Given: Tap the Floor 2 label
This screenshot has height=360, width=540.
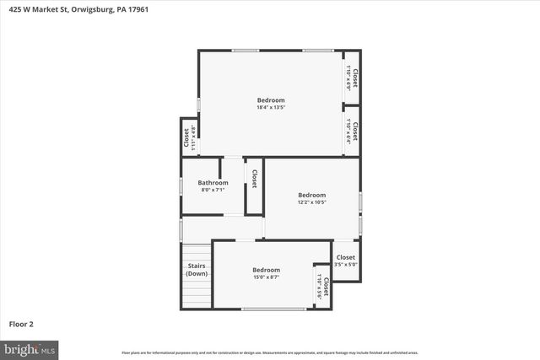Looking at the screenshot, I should tap(21, 323).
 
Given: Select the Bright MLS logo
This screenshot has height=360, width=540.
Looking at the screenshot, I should tap(30, 347).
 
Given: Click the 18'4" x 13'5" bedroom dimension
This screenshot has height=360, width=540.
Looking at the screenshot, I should tap(271, 107).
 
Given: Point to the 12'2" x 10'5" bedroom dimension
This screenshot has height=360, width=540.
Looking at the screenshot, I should tap(311, 202).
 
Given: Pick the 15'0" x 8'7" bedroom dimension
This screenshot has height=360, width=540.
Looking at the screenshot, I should tap(266, 277).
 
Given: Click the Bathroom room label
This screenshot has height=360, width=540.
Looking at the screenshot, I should tap(213, 182).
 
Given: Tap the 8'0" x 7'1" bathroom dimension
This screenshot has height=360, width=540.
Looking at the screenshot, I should tap(213, 190).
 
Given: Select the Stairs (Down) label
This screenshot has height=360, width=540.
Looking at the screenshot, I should tap(197, 270).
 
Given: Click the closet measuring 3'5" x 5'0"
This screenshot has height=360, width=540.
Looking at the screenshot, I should tap(346, 261).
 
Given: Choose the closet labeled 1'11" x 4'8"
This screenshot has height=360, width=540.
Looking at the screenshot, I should tap(189, 136).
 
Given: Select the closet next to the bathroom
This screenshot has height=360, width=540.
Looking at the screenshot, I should tap(254, 179).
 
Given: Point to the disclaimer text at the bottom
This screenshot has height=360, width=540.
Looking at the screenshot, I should tap(270, 352).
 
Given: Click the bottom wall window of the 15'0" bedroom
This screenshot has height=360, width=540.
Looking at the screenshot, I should tap(273, 309).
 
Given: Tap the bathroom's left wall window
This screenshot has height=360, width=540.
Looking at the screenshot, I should tap(181, 185).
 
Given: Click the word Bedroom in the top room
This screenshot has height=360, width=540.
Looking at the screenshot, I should tap(271, 100).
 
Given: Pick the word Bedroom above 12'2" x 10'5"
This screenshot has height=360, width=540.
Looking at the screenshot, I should tap(311, 195).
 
